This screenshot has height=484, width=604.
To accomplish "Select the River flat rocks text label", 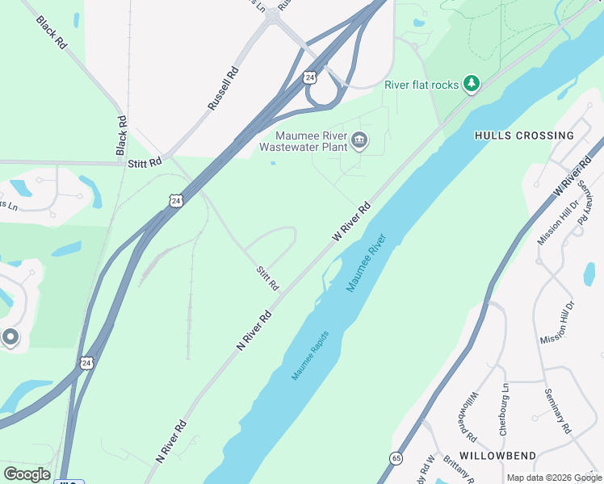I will [421, 85].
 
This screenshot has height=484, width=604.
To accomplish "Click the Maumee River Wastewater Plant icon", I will [360, 142].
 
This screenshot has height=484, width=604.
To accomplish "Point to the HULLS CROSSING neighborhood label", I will [524, 136].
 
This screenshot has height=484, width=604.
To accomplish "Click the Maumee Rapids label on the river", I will [311, 356].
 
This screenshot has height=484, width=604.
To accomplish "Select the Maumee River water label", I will [367, 263].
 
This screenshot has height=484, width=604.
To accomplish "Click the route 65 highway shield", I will [396, 458].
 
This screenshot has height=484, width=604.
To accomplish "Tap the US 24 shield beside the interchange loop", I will [310, 77].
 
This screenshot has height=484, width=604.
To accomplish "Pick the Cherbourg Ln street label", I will [504, 410].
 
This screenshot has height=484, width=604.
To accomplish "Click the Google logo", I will [27, 474].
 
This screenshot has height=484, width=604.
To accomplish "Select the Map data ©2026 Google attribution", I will [553, 478].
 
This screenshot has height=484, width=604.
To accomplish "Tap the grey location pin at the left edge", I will [10, 337].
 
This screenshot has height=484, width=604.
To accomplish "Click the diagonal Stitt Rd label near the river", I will [267, 279].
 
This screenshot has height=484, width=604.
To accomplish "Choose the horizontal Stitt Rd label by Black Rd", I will [145, 163].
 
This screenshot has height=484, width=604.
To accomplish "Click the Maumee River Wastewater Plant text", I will [303, 141].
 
